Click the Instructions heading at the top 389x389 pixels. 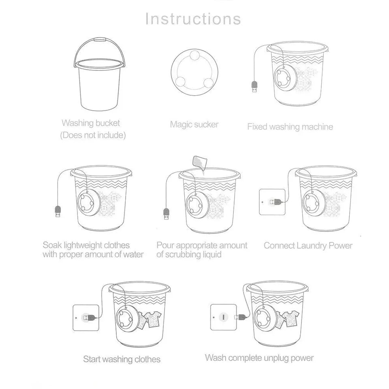[193, 19]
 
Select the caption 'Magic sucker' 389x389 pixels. [194, 125]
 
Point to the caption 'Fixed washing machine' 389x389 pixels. [290, 127]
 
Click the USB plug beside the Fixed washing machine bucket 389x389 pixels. [254, 87]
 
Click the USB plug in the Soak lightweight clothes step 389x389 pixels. [57, 212]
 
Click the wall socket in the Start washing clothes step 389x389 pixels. [86, 317]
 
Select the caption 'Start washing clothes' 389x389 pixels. [122, 359]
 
